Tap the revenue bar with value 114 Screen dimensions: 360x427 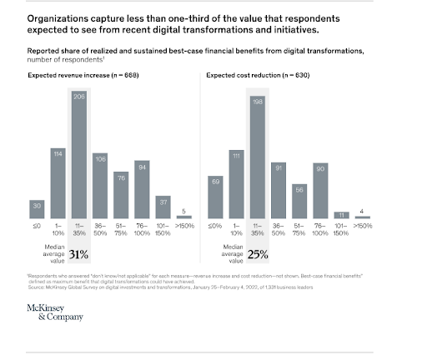point(58,183)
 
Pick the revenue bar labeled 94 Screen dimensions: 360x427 point(143,190)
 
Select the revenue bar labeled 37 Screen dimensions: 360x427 point(164,208)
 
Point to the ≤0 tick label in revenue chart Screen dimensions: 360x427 point(36,226)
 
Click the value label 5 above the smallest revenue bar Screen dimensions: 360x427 point(185,212)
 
